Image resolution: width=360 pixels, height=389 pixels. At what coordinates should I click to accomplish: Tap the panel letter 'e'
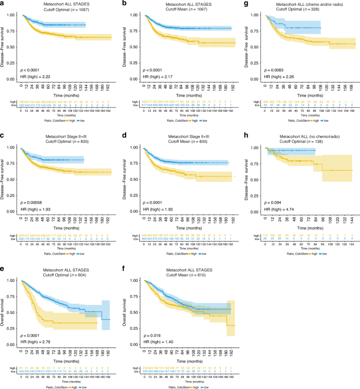[x=3, y=269]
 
